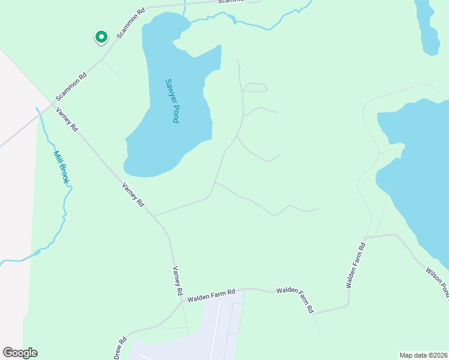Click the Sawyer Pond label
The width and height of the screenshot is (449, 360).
tap(172, 101)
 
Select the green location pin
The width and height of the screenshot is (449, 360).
tap(101, 38)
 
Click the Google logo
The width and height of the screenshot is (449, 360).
tap(20, 353)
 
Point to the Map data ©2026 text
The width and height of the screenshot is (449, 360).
tap(423, 355)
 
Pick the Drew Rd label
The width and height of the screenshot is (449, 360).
tap(121, 349)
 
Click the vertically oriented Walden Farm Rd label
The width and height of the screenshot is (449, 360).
tap(355, 265)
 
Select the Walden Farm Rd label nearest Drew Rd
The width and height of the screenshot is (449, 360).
tap(210, 295)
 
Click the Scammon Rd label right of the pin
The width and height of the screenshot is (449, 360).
tap(131, 23)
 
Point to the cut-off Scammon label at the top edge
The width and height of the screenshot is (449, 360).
tap(231, 2)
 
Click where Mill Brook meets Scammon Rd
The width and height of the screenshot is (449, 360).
tap(38, 110)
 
